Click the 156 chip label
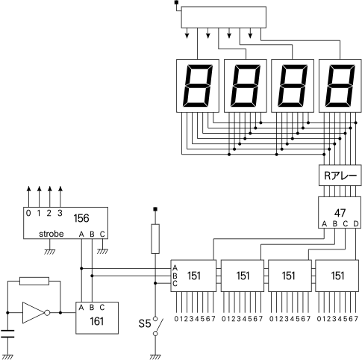coord(81,218)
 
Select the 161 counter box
coord(97,318)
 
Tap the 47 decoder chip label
coord(340,213)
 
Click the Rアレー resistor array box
coord(340,175)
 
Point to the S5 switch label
coord(145,323)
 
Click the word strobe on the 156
coord(52,234)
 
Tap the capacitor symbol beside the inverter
coord(7,334)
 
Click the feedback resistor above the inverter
coord(34,281)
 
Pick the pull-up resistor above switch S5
coord(155,239)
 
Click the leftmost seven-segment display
coord(198,86)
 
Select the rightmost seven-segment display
coord(340,86)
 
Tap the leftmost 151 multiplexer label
coord(194,276)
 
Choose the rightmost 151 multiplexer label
coord(337,276)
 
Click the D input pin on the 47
coord(356,224)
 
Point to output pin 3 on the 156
coord(60,213)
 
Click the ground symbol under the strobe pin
coord(50,252)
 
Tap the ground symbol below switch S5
coord(155,357)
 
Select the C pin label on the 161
coord(102,308)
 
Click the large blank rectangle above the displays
coord(224,17)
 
